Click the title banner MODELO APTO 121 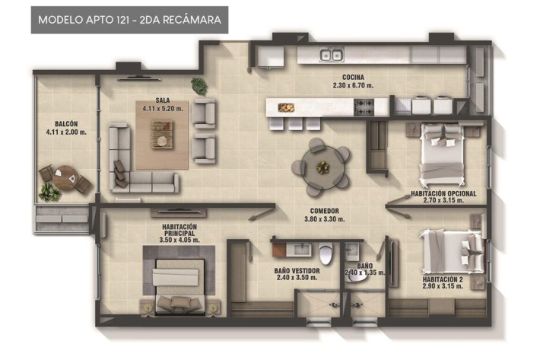[x=129, y=20]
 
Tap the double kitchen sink [x=332, y=55]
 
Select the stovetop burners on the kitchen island [x=364, y=107]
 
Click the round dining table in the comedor [x=322, y=167]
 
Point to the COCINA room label [x=353, y=78]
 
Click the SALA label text [x=163, y=100]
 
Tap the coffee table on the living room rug [x=162, y=135]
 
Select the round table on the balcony [x=65, y=177]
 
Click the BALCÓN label [x=66, y=123]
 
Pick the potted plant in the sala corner [x=199, y=86]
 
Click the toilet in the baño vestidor [x=326, y=253]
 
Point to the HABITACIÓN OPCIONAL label [x=443, y=193]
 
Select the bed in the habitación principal [x=179, y=286]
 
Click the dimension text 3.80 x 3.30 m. [x=325, y=218]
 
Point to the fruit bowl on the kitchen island [x=286, y=108]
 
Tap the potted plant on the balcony [x=49, y=192]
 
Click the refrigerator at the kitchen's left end [x=271, y=56]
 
